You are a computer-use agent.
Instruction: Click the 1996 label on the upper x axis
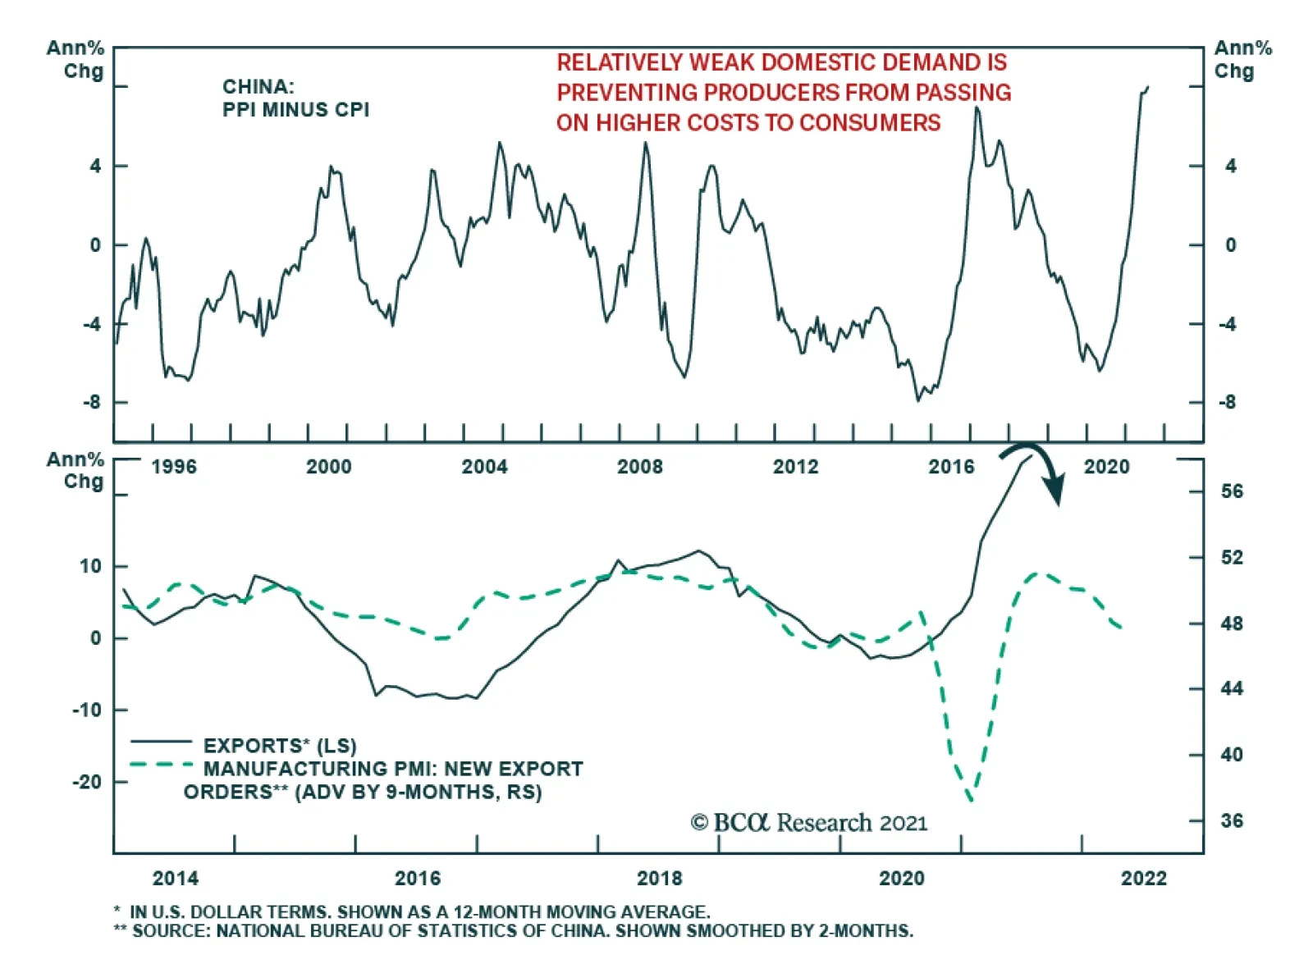174,467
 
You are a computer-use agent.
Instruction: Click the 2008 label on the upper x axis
640,467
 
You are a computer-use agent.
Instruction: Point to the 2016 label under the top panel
951,467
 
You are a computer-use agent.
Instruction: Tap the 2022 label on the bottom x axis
1143,879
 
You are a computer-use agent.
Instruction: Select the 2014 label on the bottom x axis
176,879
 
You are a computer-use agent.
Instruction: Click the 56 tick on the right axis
1232,491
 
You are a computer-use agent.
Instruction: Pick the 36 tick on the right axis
1232,820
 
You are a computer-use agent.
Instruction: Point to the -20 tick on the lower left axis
88,782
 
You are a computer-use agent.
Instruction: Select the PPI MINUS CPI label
295,110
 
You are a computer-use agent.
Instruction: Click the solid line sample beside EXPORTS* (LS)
161,742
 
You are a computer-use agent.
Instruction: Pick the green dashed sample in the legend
161,765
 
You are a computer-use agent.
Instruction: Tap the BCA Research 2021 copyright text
809,823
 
